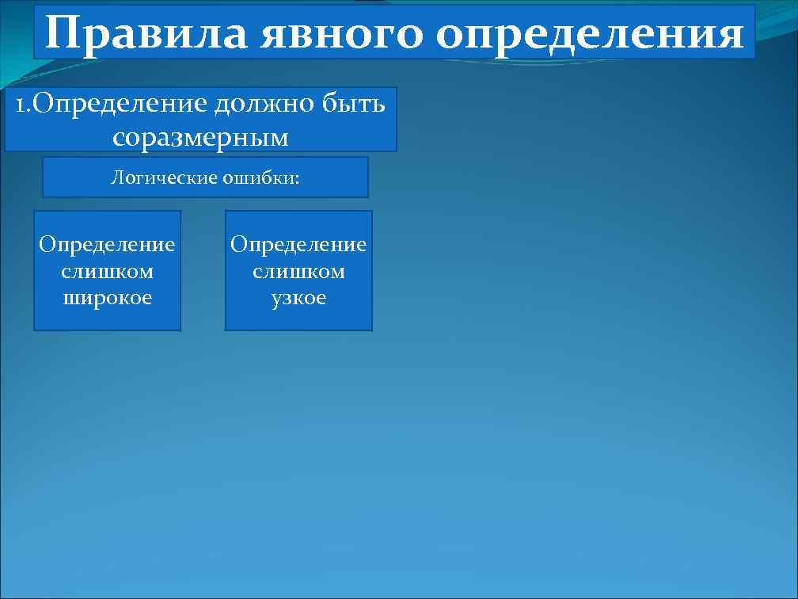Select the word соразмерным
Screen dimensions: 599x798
pos(200,137)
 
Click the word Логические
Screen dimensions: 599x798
pos(161,177)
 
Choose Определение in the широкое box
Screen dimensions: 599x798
pos(107,244)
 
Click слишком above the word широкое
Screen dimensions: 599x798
pos(107,271)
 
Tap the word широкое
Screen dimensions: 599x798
pos(107,298)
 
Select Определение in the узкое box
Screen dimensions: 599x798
pos(298,244)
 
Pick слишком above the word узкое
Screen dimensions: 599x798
pos(298,271)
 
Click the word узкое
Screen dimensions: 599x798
pos(298,298)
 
